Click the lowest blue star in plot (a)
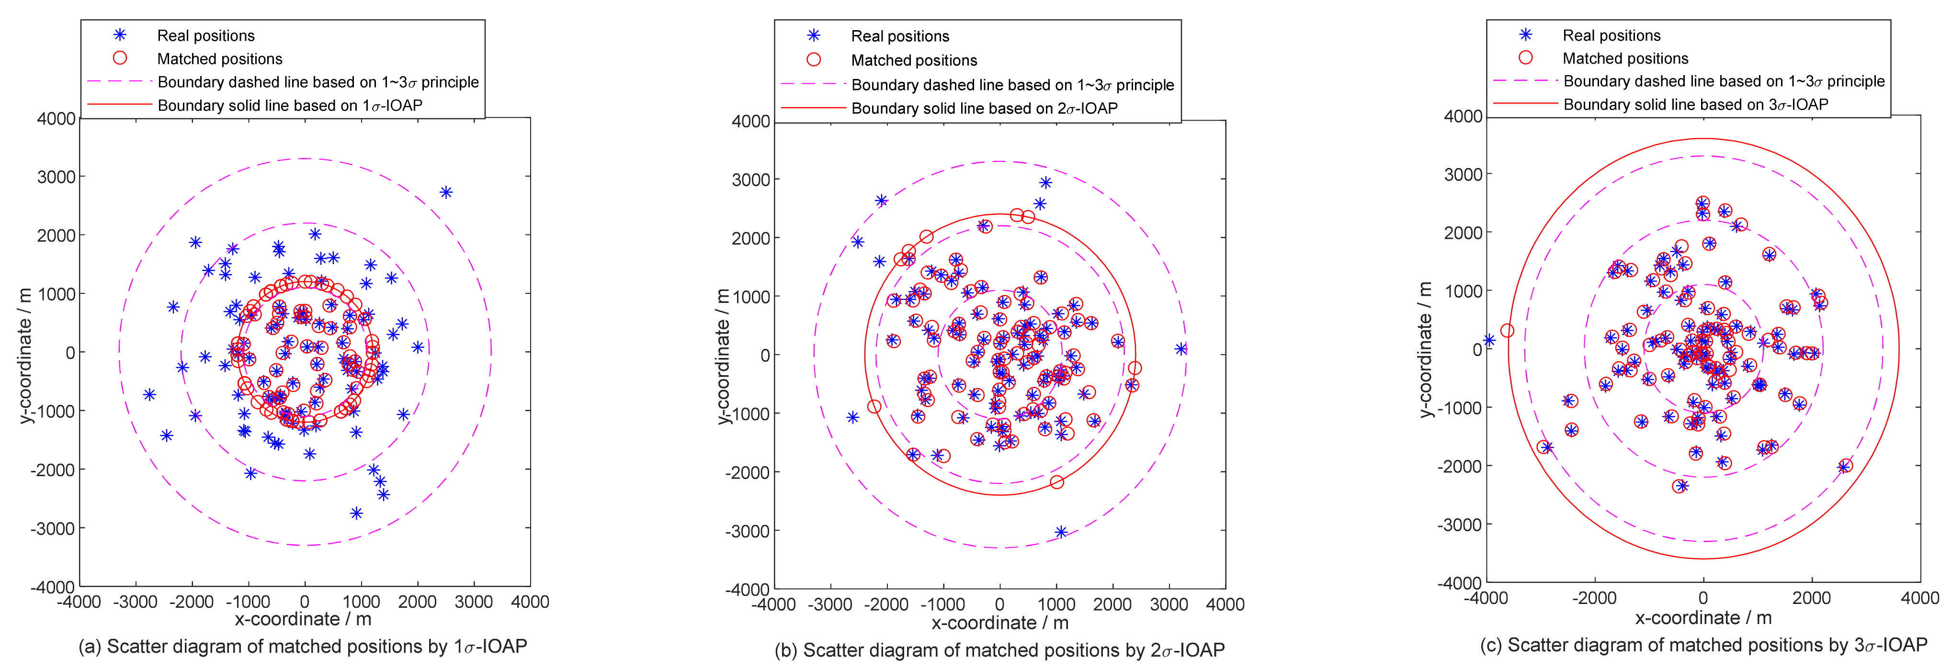pos(356,514)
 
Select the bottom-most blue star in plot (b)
pos(1061,532)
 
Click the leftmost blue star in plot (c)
pos(1489,341)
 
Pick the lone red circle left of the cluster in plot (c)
pos(1507,331)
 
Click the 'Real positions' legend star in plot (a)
pos(120,35)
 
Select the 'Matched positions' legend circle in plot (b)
pos(814,60)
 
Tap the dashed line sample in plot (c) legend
pos(1525,81)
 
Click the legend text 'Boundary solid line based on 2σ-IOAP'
pos(984,108)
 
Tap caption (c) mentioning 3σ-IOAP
pos(1702,645)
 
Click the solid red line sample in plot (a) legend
pos(120,104)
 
